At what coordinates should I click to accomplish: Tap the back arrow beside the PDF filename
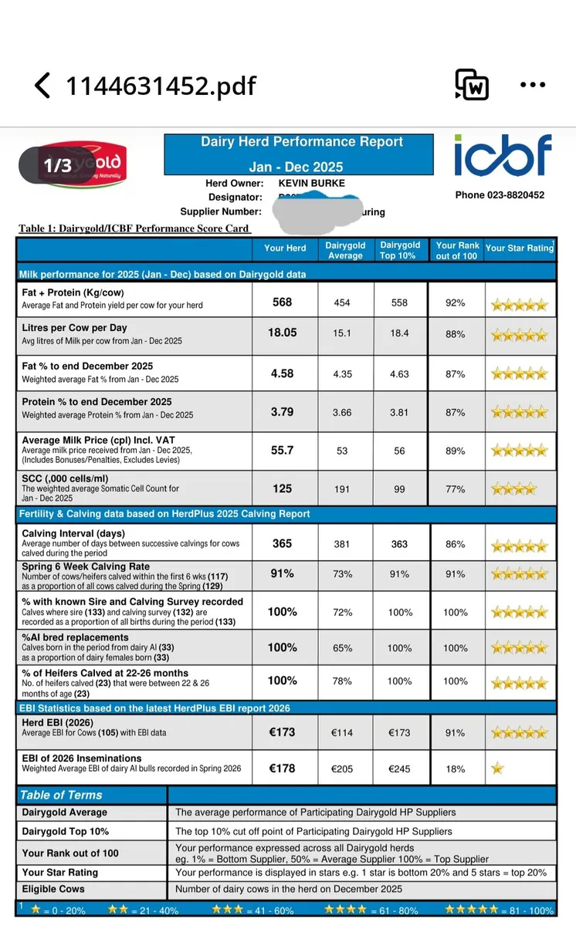[43, 85]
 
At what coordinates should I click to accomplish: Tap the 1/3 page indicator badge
[58, 165]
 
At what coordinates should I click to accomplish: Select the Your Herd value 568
[283, 302]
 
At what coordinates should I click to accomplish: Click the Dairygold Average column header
[345, 250]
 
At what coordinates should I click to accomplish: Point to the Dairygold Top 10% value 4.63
[399, 374]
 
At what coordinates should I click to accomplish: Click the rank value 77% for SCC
[456, 489]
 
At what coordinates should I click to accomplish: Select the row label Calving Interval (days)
[73, 533]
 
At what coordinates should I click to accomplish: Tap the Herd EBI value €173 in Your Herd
[283, 732]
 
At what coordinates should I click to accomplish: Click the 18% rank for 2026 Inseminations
[456, 769]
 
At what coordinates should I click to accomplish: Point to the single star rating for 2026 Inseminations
[498, 769]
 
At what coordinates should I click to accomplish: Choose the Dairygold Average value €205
[342, 769]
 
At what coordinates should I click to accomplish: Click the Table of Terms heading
[61, 795]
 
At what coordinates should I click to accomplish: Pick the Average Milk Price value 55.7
[283, 450]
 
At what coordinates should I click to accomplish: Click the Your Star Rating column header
[520, 248]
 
